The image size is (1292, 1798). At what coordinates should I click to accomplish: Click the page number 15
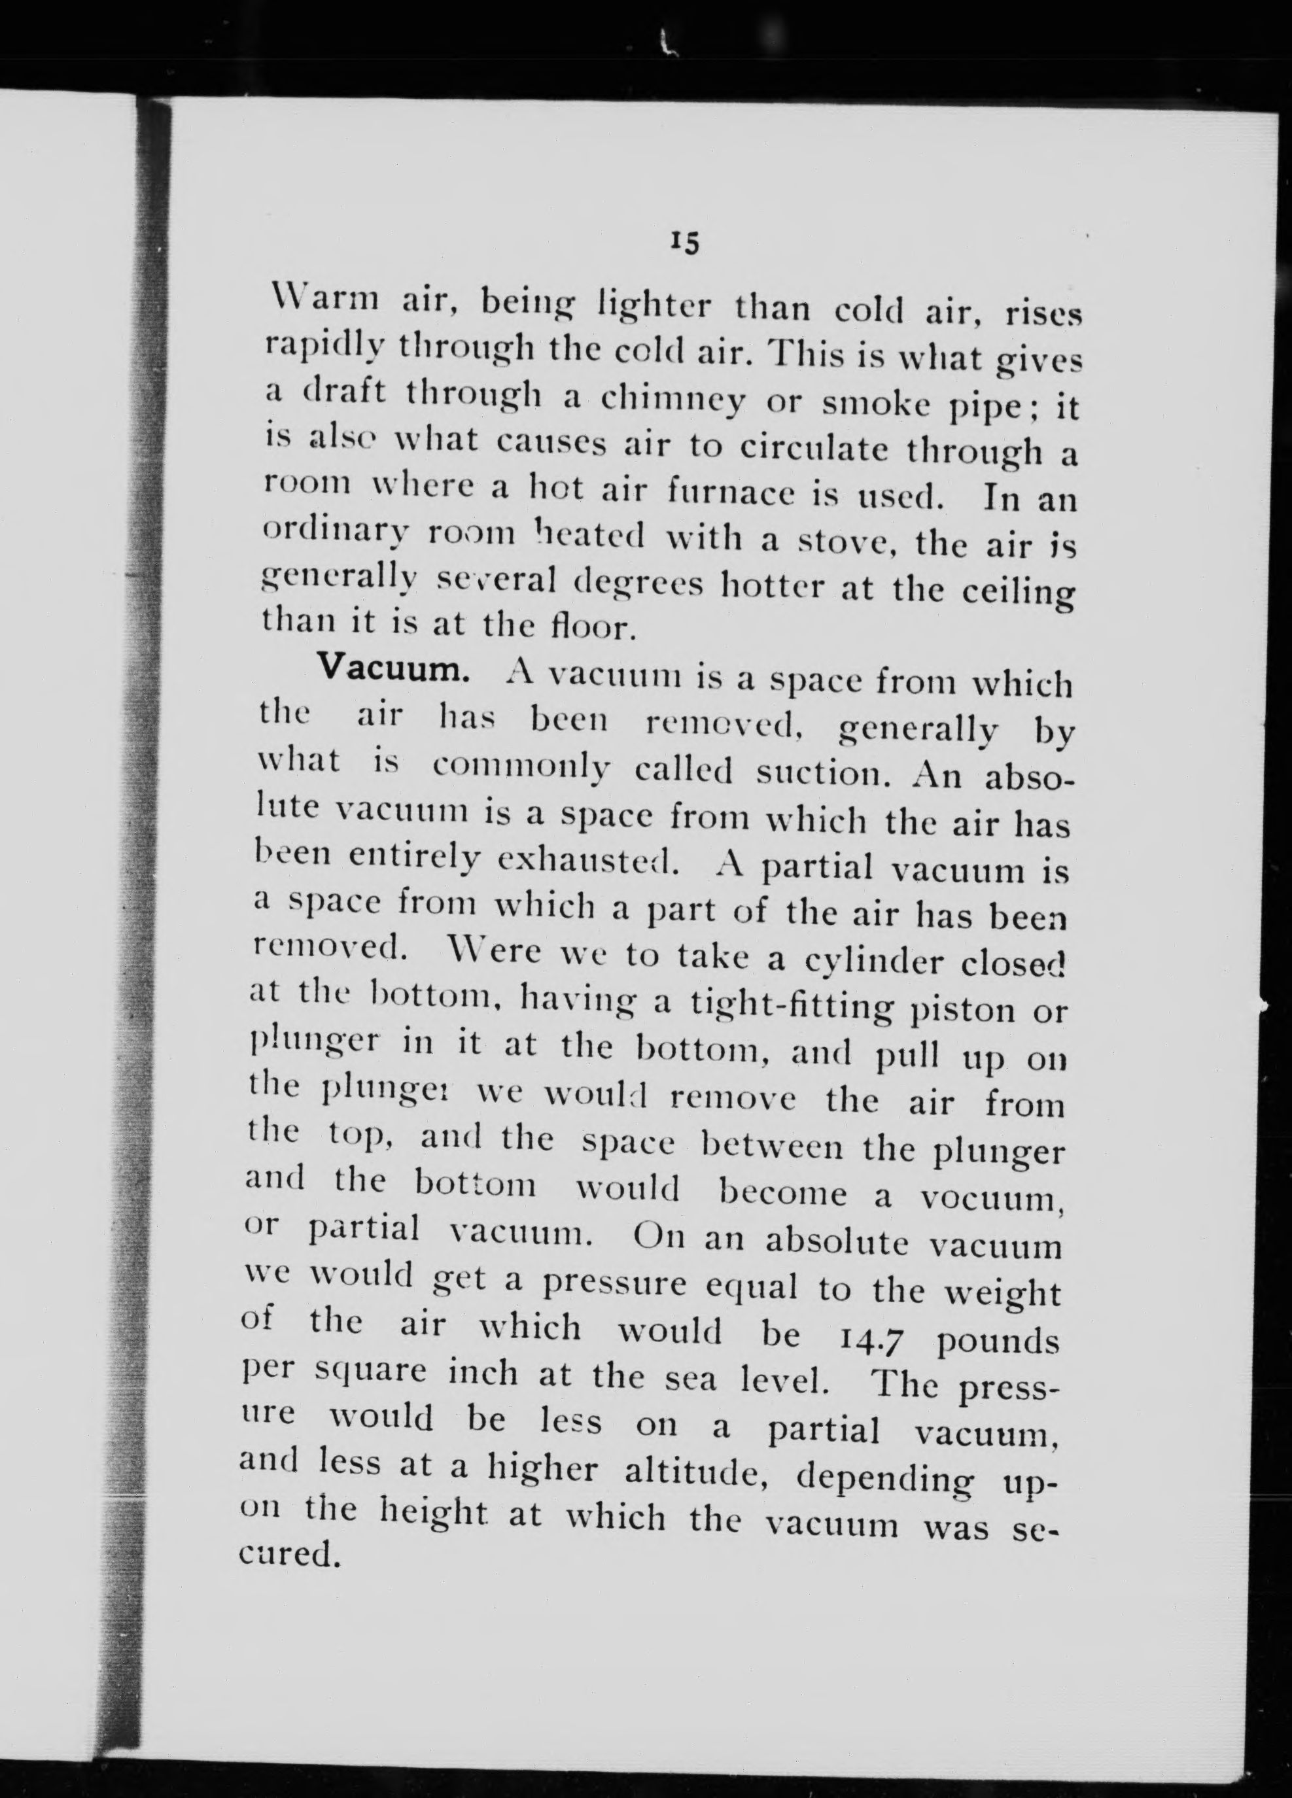[683, 243]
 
